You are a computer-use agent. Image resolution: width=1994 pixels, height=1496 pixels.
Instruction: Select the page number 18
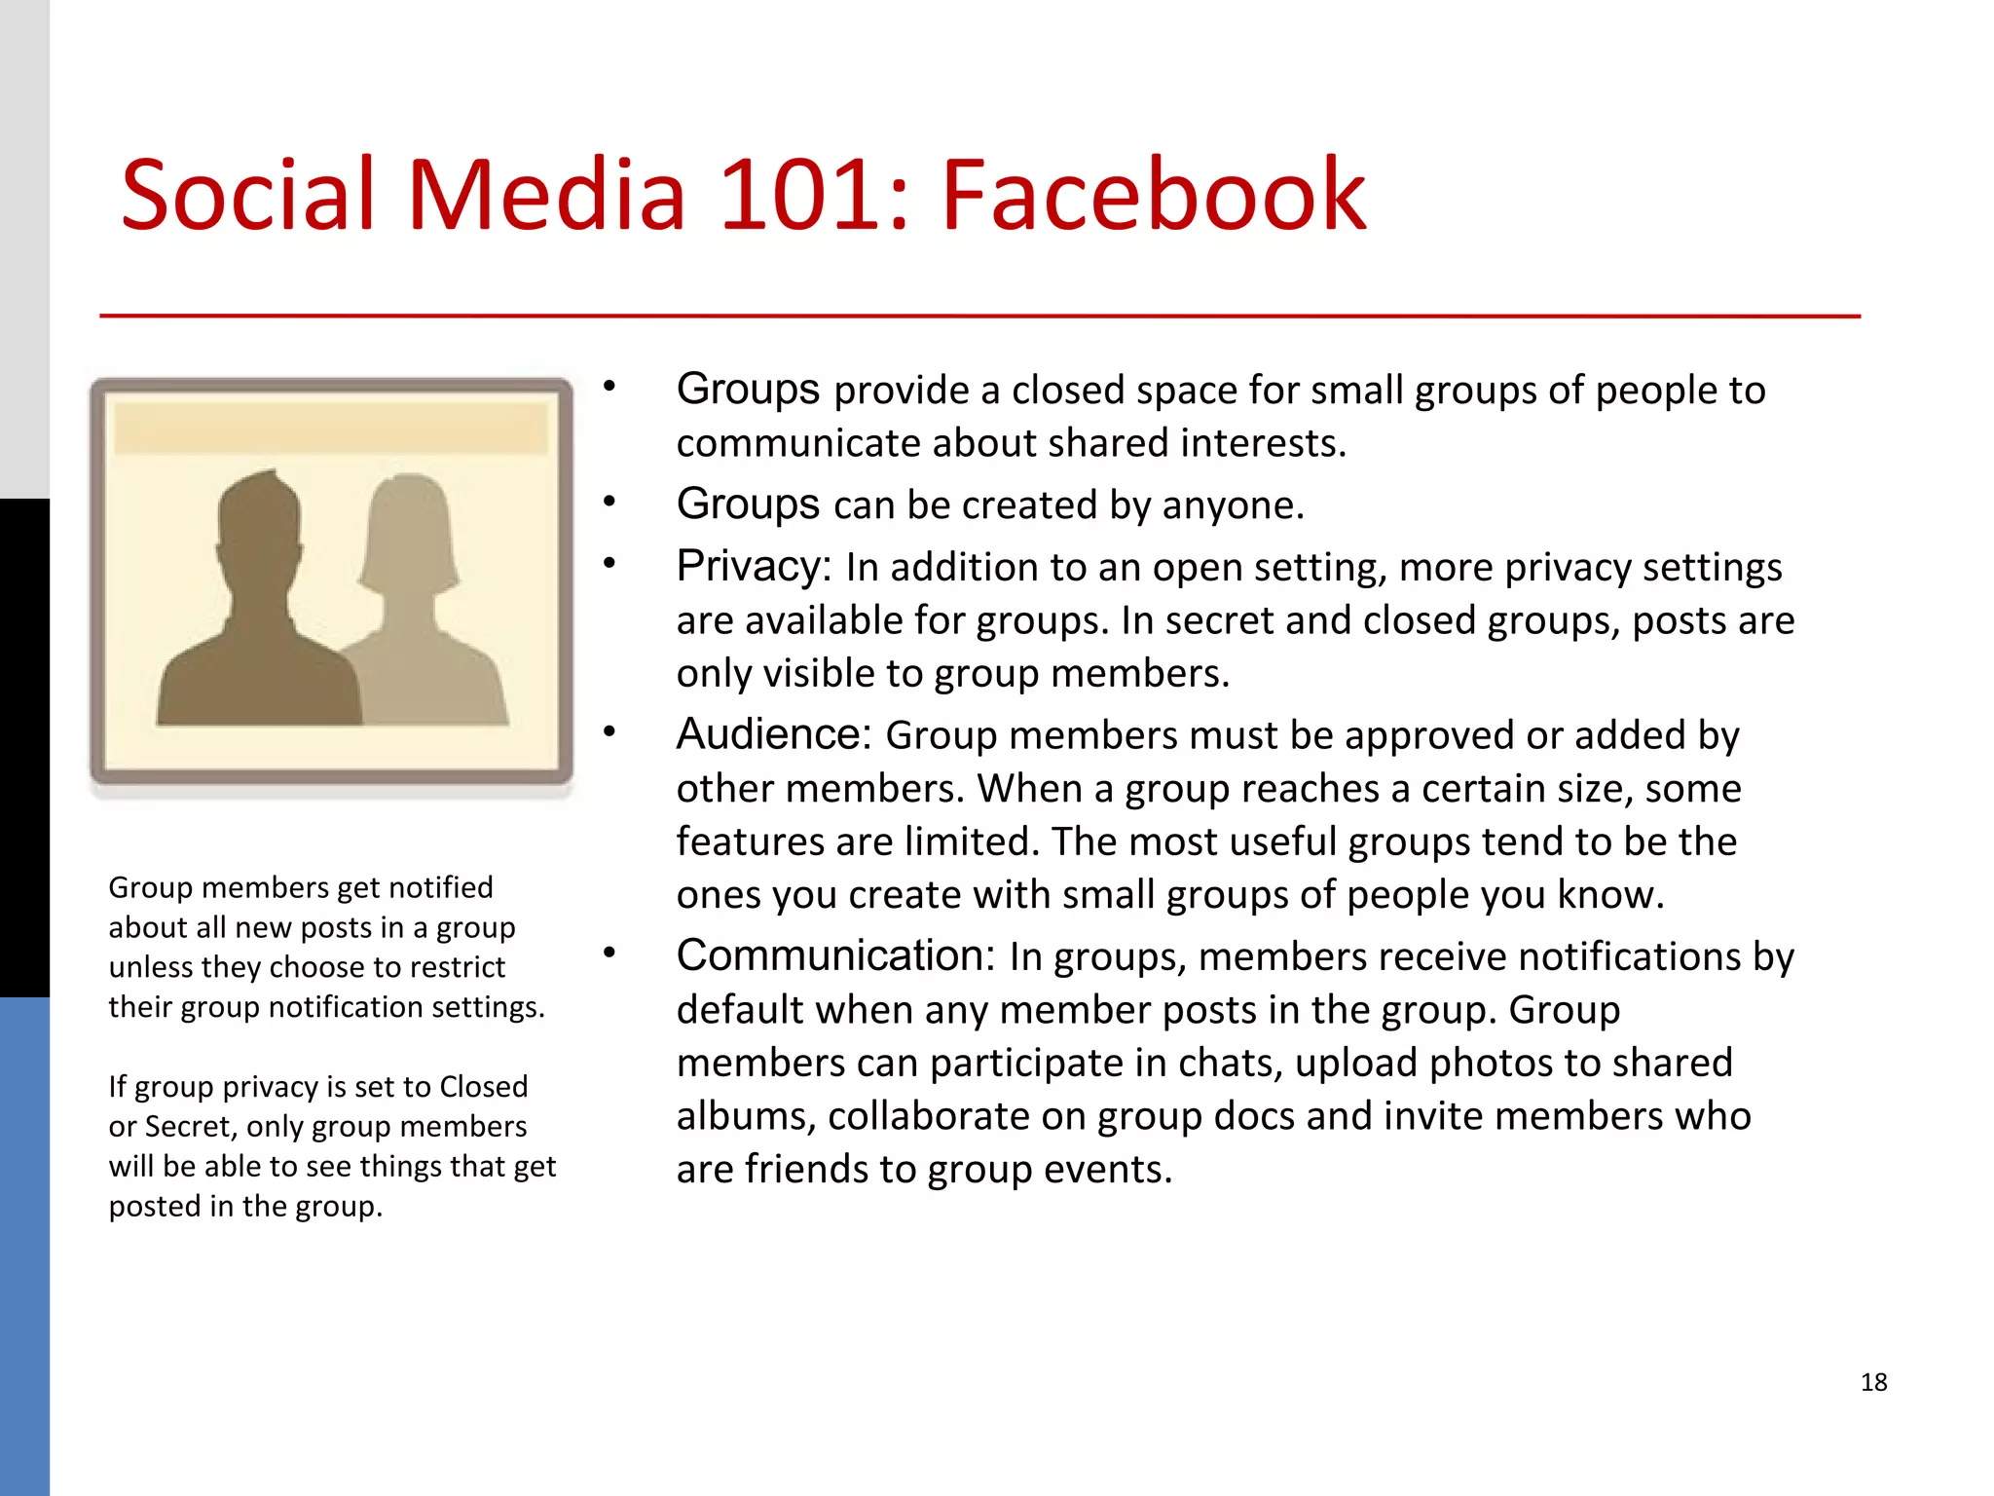tap(1873, 1382)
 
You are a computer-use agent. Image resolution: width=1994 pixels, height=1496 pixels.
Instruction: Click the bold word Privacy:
tap(754, 566)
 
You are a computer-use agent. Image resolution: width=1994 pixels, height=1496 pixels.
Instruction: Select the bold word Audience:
tap(774, 734)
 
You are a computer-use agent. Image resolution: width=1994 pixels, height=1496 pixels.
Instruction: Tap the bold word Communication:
tap(835, 955)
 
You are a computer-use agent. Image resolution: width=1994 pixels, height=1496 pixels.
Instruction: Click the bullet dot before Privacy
tap(609, 563)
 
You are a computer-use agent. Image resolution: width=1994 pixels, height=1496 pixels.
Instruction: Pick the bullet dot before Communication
tap(609, 953)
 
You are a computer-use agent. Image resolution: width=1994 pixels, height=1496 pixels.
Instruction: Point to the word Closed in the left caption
tap(483, 1086)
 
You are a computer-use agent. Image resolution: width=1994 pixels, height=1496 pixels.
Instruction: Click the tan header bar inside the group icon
tap(331, 429)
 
